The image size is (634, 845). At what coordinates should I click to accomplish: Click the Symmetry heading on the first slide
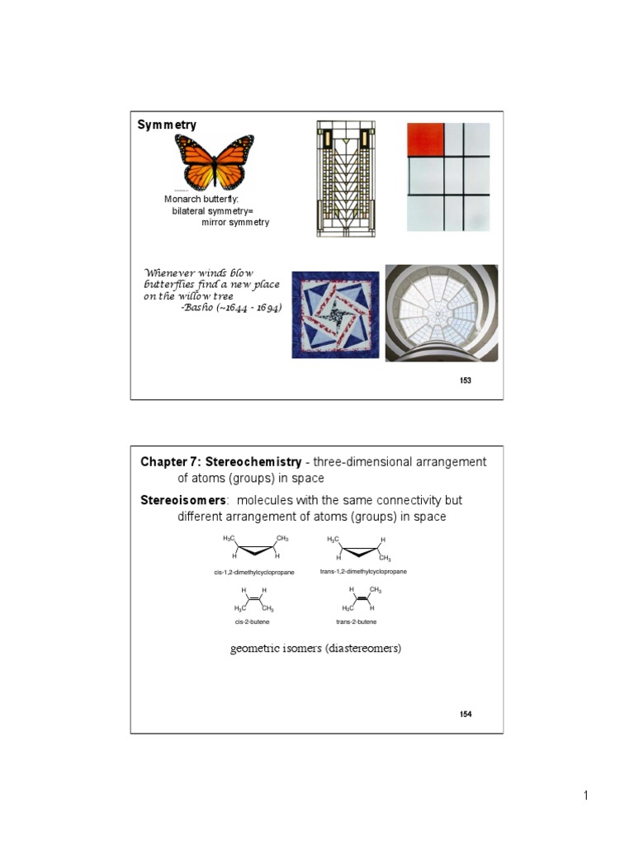click(x=167, y=125)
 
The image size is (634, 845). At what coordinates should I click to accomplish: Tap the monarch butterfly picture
click(x=214, y=162)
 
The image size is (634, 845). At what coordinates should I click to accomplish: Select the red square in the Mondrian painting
click(x=425, y=139)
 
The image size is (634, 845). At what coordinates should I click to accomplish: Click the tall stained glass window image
click(x=345, y=178)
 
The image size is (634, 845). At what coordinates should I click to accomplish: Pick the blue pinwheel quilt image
click(x=335, y=314)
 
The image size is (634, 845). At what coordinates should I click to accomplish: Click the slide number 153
click(x=466, y=380)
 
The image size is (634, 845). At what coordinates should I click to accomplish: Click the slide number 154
click(x=466, y=714)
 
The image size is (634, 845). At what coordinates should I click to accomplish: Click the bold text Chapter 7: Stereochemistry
click(x=220, y=462)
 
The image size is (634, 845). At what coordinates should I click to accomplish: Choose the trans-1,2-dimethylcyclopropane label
click(x=362, y=571)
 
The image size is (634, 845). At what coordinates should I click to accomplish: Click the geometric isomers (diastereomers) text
click(x=315, y=648)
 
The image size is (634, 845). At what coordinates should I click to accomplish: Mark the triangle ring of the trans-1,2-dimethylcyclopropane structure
click(x=360, y=550)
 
